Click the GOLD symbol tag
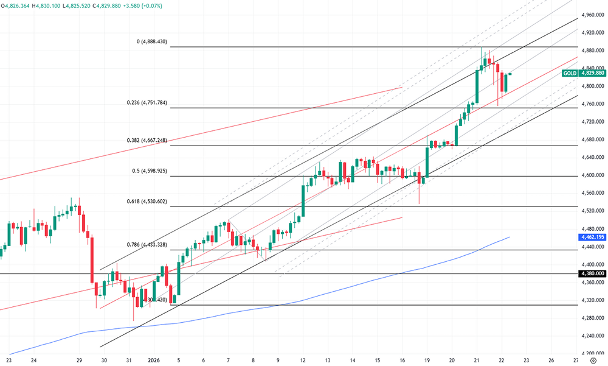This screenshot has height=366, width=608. (570, 73)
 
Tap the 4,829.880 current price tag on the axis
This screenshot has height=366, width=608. (592, 73)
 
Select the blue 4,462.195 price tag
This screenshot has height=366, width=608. (592, 236)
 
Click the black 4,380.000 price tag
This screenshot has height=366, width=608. (592, 274)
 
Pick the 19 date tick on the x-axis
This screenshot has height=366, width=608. (427, 360)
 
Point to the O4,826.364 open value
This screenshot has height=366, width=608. (16, 5)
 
